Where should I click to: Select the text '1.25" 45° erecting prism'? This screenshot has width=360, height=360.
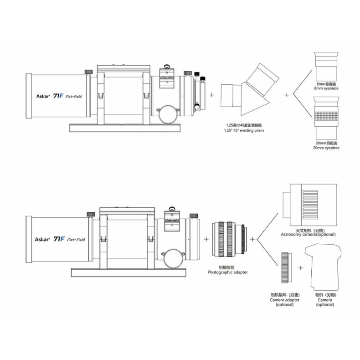pos(244,131)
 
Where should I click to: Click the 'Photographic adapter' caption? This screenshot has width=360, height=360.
pos(228,272)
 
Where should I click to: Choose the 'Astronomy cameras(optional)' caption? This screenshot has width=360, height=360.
pos(309,234)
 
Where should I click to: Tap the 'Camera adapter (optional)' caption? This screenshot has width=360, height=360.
pos(285,302)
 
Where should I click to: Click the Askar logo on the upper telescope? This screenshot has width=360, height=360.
pos(43,96)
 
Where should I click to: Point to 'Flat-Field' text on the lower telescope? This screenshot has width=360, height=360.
pos(76,239)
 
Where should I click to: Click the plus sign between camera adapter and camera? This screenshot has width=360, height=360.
pos(301,267)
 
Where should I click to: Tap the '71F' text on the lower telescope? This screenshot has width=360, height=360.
pos(58,239)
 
